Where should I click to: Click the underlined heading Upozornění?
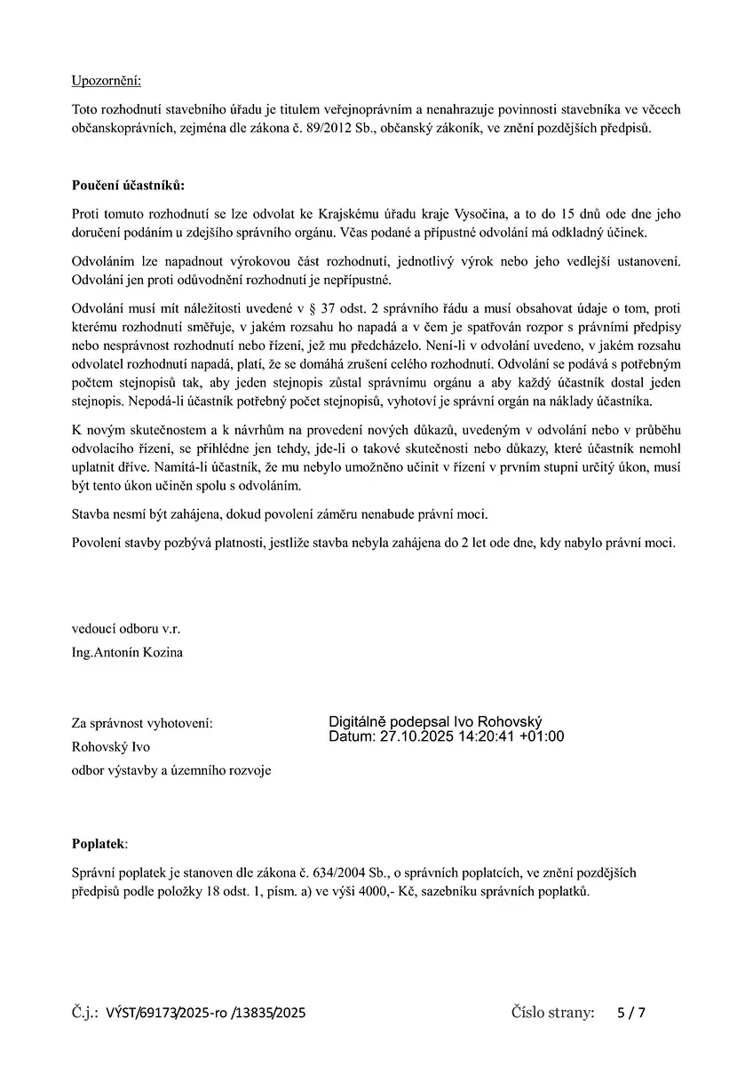point(106,82)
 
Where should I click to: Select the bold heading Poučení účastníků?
point(128,185)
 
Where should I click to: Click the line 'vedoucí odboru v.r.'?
point(126,629)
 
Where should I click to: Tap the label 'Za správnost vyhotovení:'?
point(142,723)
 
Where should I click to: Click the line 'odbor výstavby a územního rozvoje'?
point(171,770)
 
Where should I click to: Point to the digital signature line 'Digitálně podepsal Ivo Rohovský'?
point(435,722)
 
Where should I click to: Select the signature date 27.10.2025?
point(416,736)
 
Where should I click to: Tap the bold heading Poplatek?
point(99,842)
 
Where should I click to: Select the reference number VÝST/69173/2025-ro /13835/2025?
point(205,1013)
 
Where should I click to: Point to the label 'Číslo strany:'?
point(552,1012)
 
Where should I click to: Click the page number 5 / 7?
point(631,1013)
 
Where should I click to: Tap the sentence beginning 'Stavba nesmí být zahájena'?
point(280,513)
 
